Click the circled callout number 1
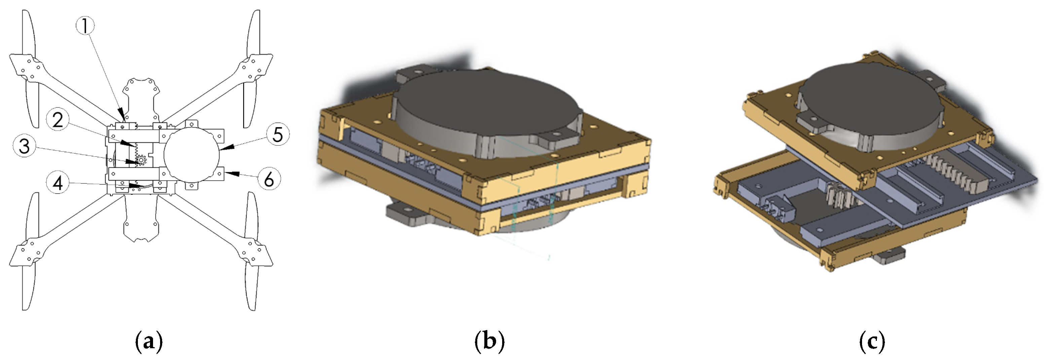click(x=85, y=26)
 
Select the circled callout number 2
click(x=58, y=120)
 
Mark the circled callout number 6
click(x=269, y=179)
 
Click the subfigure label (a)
click(x=149, y=342)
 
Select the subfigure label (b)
click(x=490, y=342)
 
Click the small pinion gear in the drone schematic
click(x=141, y=160)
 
